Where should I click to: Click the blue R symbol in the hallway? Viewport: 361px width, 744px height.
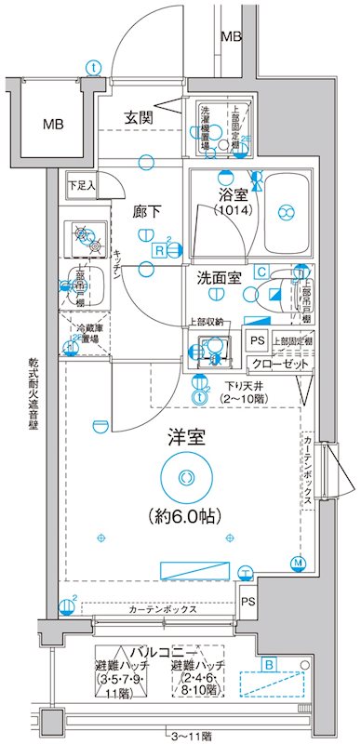pos(160,250)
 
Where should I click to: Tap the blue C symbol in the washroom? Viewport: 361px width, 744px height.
pos(262,272)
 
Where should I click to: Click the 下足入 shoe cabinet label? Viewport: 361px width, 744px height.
pos(80,186)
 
